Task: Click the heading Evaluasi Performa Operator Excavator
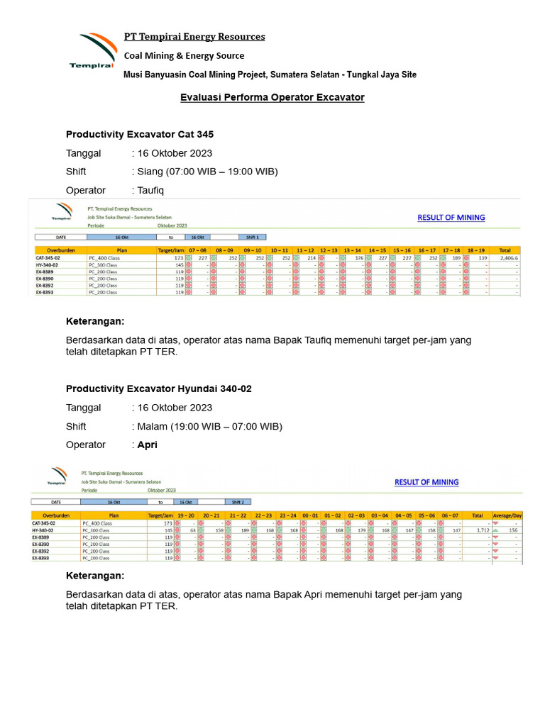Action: tap(272, 96)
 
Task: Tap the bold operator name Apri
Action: tap(147, 445)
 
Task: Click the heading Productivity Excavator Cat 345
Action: tap(140, 134)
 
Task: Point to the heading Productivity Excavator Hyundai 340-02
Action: tap(159, 389)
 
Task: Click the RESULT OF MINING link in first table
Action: tap(451, 218)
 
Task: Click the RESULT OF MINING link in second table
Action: tap(426, 482)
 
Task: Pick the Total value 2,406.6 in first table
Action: tap(507, 259)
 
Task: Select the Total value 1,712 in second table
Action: tap(478, 530)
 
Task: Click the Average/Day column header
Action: tap(507, 515)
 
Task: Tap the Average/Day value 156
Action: tap(512, 530)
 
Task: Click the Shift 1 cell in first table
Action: tap(252, 238)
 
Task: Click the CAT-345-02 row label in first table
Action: tap(49, 259)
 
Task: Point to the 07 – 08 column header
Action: tap(197, 250)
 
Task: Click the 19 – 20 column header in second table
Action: tap(186, 515)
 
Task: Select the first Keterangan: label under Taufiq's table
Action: tap(95, 321)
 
